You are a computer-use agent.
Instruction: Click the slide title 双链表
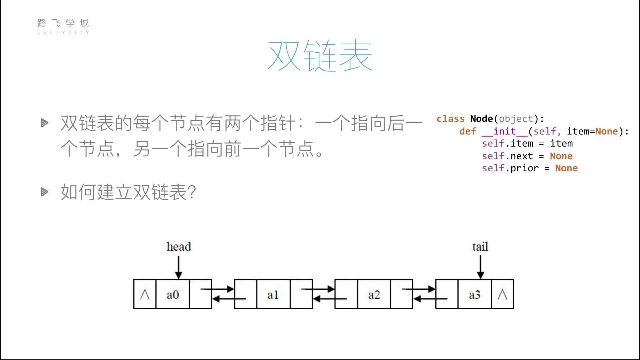tap(320, 55)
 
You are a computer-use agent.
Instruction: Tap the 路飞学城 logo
tap(63, 26)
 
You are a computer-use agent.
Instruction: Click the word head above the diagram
tap(179, 247)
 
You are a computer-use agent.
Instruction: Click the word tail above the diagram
tap(480, 247)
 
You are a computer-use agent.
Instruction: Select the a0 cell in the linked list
tap(173, 294)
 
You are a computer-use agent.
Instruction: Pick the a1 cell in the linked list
tap(273, 294)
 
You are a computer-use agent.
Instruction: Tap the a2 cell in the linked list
tap(374, 294)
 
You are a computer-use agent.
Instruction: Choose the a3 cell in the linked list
tap(475, 294)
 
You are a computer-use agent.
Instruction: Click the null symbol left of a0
tap(145, 294)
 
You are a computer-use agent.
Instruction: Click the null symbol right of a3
tap(502, 294)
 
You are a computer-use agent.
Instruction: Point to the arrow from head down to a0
tap(179, 267)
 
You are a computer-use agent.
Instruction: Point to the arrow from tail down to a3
tap(480, 267)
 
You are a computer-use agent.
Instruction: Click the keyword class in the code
tap(450, 119)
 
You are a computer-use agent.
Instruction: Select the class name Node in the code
tap(481, 119)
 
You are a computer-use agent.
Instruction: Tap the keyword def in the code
tap(468, 131)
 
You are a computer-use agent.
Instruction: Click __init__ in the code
tap(505, 132)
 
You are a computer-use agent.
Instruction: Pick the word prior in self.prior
tap(524, 168)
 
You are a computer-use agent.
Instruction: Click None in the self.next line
tap(561, 156)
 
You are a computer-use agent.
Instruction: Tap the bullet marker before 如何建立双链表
tap(44, 192)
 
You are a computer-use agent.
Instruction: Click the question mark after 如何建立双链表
tap(192, 192)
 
